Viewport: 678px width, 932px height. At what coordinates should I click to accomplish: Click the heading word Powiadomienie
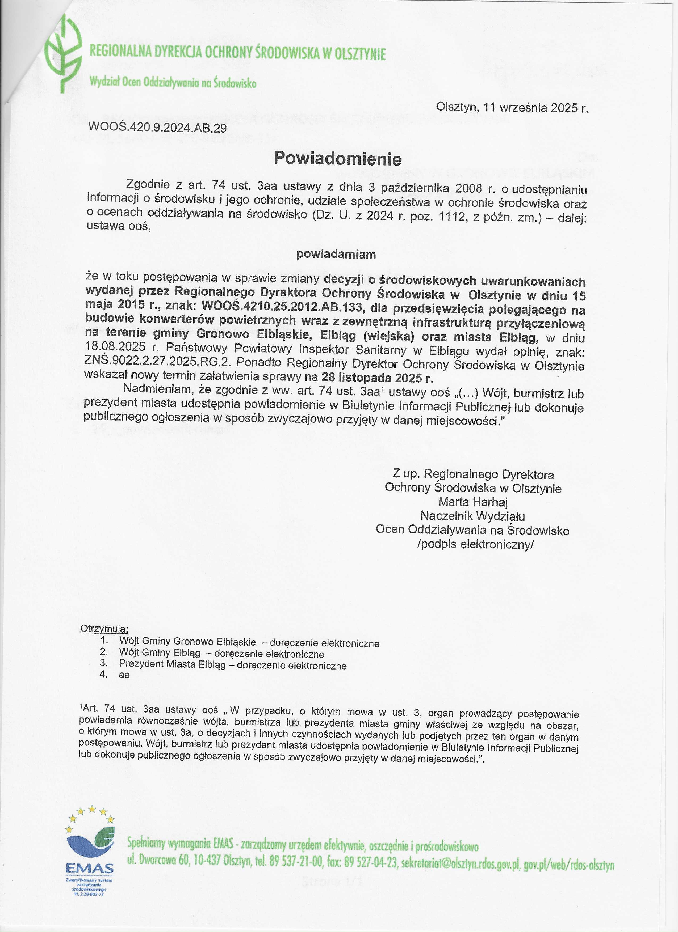[x=338, y=158]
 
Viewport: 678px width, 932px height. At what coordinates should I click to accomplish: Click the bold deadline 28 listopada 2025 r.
[x=378, y=377]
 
